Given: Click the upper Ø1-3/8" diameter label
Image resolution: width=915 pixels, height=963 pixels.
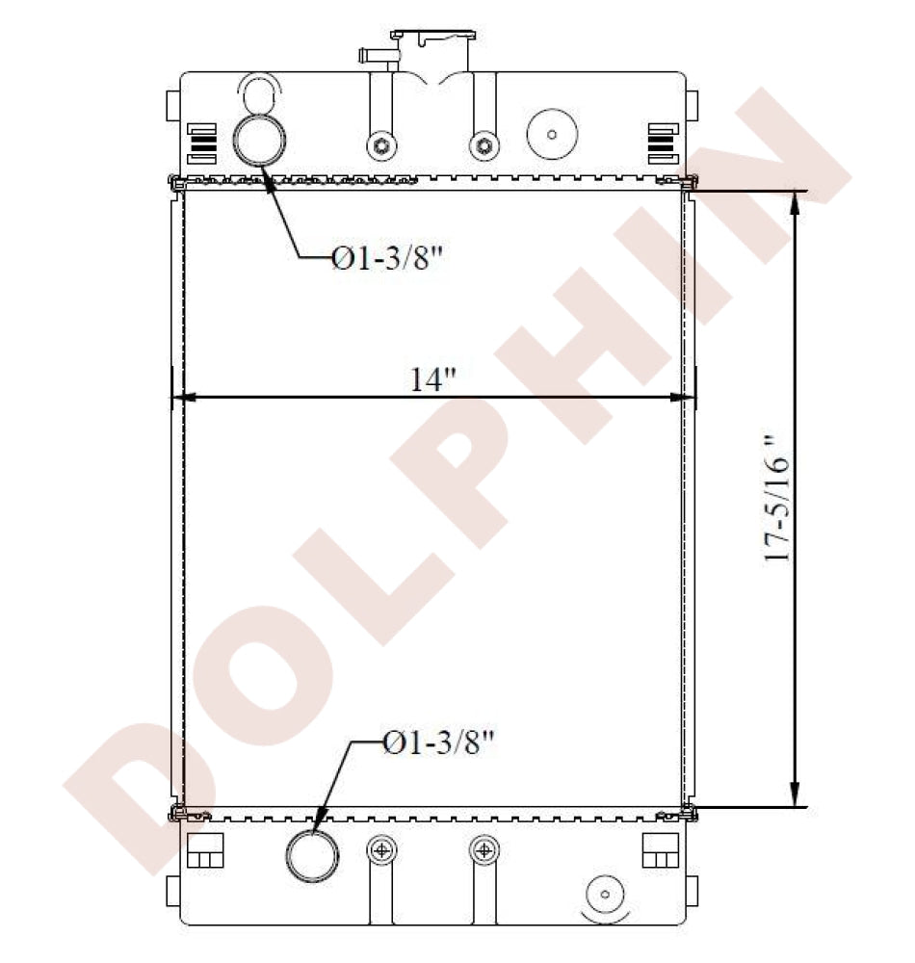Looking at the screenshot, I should point(391,258).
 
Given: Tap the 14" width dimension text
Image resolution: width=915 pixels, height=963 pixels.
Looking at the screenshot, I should point(432,379).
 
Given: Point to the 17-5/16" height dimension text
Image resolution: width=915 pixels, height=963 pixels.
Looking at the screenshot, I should point(776,499).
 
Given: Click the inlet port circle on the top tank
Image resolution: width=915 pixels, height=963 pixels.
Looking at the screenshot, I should point(259,140).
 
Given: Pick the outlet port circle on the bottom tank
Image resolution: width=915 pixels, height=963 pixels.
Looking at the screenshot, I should point(312,855).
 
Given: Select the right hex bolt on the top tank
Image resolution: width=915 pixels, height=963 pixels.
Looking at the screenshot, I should point(484,146).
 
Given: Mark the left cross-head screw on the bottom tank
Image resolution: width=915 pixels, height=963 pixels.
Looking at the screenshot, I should point(383,849).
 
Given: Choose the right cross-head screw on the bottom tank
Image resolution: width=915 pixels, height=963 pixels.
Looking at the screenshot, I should point(484,849).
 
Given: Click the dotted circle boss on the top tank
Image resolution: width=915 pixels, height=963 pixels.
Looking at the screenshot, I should point(551,134).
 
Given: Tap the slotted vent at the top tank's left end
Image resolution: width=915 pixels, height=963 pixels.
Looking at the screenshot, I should point(197,143).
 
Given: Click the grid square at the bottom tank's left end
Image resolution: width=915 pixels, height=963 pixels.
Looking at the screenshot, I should point(204,850).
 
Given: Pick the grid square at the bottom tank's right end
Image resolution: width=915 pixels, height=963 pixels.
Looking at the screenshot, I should point(660,850).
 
